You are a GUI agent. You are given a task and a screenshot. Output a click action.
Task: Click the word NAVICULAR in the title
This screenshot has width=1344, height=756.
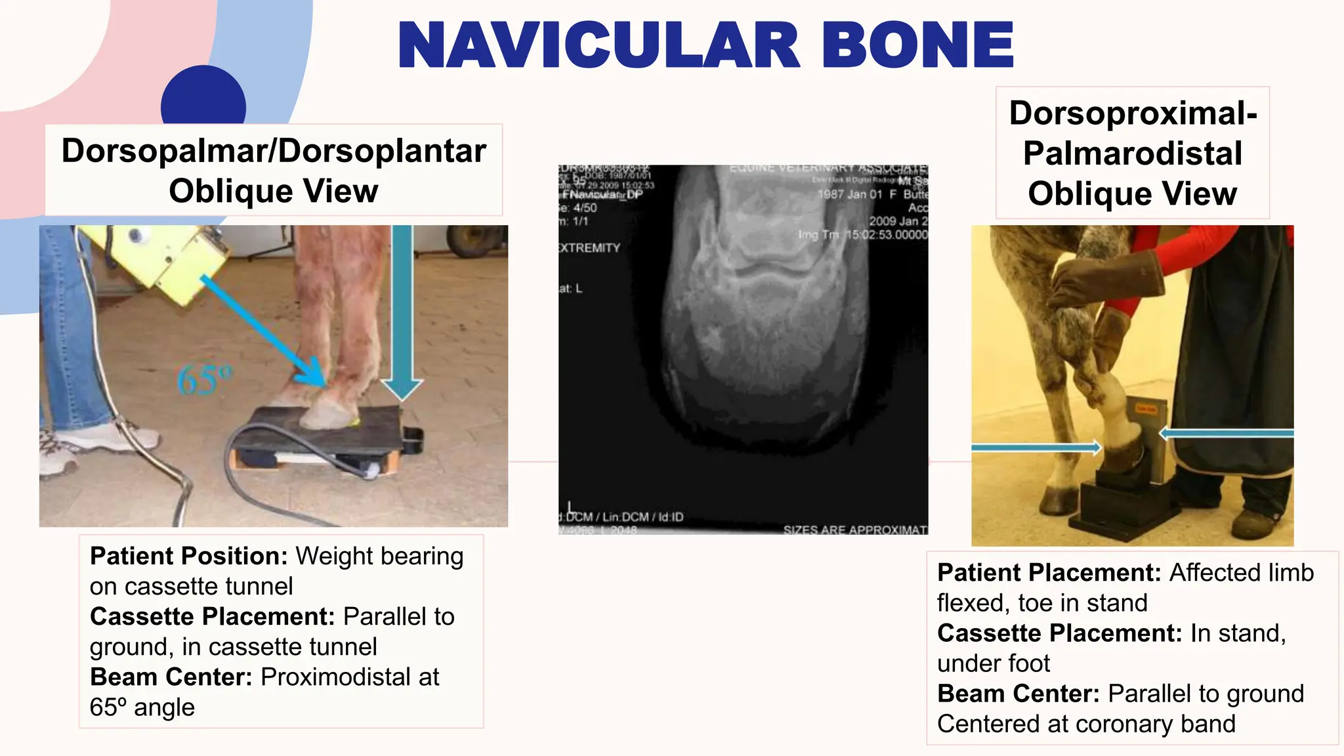click(x=598, y=46)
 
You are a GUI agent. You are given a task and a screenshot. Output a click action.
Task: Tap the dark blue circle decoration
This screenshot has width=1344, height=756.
click(x=203, y=98)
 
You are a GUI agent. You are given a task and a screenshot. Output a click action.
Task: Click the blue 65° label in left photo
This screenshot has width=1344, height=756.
click(x=204, y=380)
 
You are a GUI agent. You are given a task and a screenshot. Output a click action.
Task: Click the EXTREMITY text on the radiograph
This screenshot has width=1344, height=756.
click(x=589, y=248)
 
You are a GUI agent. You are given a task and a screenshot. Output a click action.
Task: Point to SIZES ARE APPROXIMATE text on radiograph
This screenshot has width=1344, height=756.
click(x=854, y=530)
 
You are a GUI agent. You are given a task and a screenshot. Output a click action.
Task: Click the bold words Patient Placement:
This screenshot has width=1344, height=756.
click(x=1050, y=573)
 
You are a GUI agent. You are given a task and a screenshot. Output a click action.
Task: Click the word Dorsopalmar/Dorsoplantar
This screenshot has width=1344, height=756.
click(x=274, y=151)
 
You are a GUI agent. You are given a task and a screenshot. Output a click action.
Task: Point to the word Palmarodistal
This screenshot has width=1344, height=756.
click(x=1133, y=154)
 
